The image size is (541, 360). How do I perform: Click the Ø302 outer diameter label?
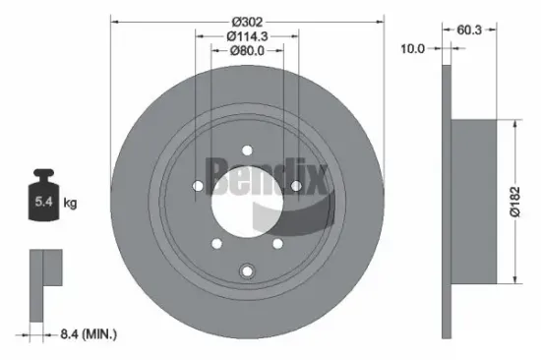click(245, 22)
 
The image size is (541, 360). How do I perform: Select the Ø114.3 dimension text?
click(245, 36)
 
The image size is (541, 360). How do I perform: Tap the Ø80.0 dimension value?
click(245, 51)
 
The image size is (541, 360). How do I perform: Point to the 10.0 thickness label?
click(413, 48)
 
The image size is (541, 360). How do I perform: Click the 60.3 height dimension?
click(469, 30)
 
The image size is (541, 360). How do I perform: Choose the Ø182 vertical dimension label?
click(528, 202)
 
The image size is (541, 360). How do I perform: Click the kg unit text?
click(71, 204)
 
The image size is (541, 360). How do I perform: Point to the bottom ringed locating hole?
click(246, 272)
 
